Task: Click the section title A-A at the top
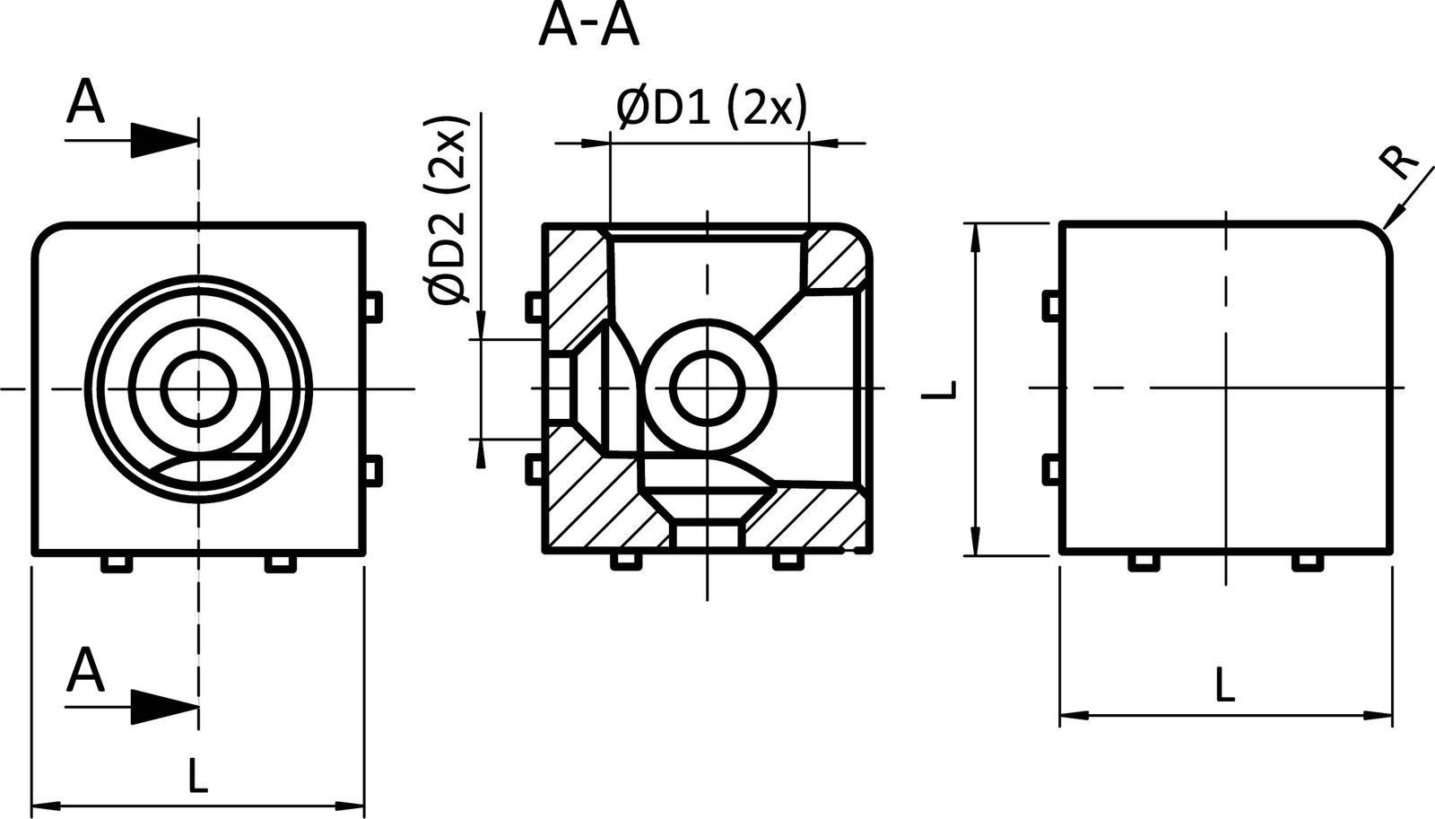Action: (588, 27)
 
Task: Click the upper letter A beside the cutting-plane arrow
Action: (85, 101)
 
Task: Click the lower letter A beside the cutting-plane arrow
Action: (85, 670)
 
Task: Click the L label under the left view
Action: (198, 775)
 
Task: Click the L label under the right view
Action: (1224, 687)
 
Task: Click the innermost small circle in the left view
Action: (198, 388)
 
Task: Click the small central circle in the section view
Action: (708, 388)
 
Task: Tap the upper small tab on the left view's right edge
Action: (374, 305)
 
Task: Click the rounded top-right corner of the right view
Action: (1378, 235)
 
